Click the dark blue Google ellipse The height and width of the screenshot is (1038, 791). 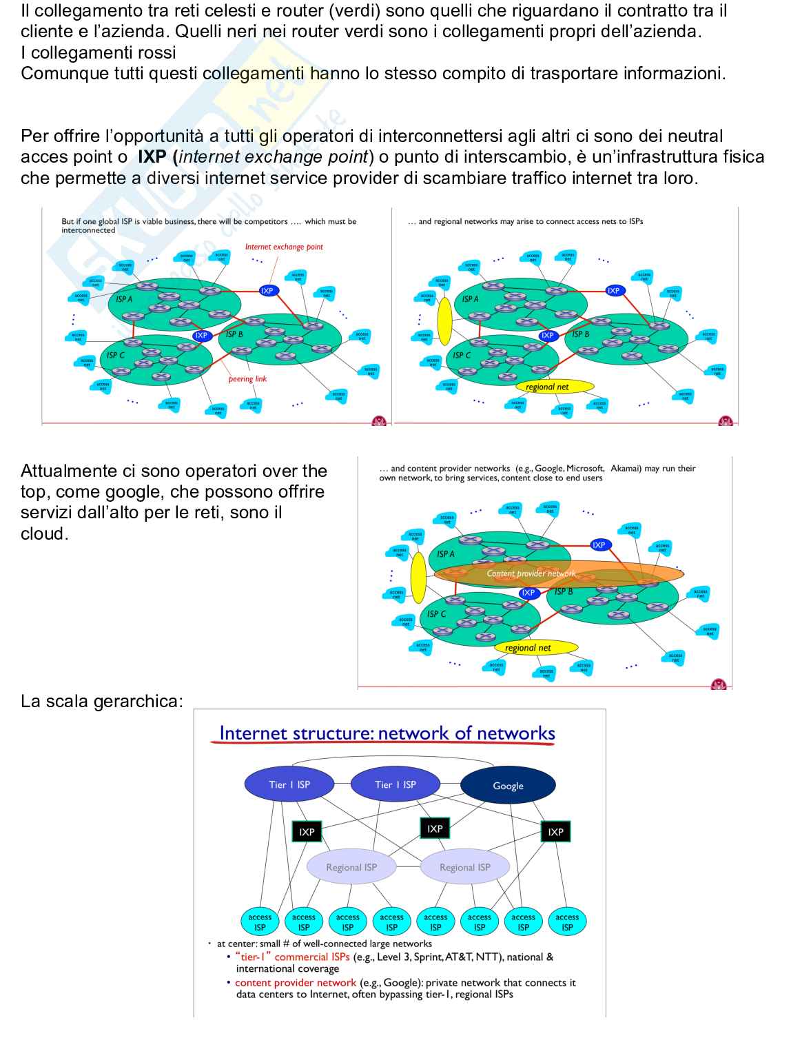[508, 786]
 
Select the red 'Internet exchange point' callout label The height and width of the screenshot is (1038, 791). [284, 247]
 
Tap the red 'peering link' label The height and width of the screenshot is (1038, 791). [247, 379]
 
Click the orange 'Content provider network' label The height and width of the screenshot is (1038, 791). [531, 573]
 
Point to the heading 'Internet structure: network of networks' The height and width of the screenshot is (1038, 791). [387, 733]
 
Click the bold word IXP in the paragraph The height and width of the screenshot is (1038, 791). [152, 157]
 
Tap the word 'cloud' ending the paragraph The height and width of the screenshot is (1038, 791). [43, 534]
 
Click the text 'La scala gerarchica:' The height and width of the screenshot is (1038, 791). [102, 702]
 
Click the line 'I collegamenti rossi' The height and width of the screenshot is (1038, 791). [99, 53]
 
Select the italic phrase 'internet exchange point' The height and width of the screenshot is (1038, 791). [274, 157]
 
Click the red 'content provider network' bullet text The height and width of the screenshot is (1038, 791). [296, 983]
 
